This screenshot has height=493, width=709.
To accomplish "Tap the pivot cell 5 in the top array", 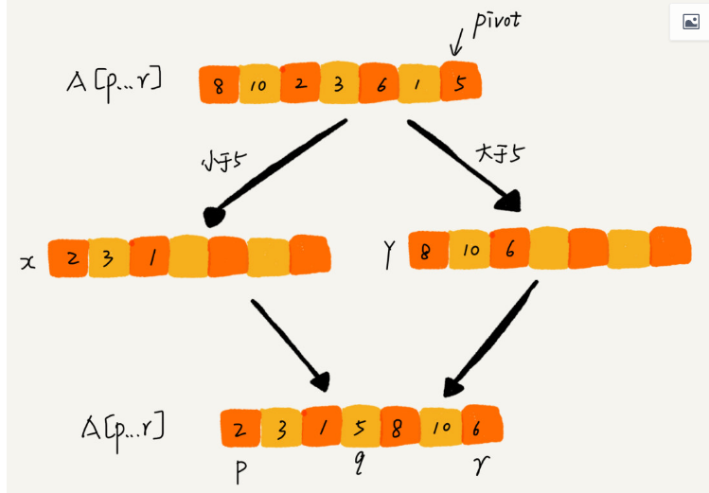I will point(460,82).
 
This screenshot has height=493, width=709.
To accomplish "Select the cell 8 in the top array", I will point(220,85).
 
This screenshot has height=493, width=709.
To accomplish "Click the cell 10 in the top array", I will point(258,86).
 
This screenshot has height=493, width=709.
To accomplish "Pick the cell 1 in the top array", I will point(419,84).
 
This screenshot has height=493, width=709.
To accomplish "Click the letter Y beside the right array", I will point(389,255).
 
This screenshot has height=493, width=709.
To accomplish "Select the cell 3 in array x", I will point(108,257).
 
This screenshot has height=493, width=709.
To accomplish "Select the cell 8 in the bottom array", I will point(399,427).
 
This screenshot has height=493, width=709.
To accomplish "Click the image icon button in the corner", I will point(690,22).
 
